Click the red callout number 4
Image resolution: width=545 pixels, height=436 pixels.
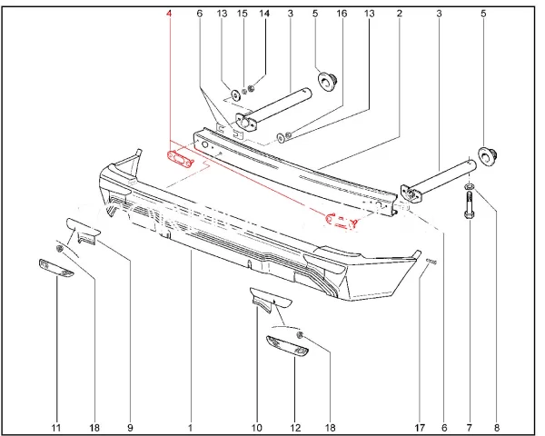click(x=169, y=14)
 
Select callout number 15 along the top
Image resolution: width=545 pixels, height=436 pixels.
click(x=243, y=14)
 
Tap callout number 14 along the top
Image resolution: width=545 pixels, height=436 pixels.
click(x=264, y=14)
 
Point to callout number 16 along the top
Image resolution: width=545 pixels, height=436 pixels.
click(x=342, y=14)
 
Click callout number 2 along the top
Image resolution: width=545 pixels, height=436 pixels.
click(x=400, y=14)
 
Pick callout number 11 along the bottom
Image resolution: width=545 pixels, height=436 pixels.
click(x=56, y=427)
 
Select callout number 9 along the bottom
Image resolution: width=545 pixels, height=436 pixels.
click(x=130, y=427)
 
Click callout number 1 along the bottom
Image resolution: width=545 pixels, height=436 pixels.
click(x=190, y=427)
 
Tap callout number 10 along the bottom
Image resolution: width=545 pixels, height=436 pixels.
click(x=256, y=427)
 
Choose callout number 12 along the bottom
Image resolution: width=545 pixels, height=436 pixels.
click(x=295, y=427)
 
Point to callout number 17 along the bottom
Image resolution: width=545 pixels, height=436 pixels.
click(x=420, y=427)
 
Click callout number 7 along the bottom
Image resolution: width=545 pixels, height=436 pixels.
click(x=470, y=427)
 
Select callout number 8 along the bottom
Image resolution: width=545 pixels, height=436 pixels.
click(x=496, y=427)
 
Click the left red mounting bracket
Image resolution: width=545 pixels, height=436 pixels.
click(x=181, y=158)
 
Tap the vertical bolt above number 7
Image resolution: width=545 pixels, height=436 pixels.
click(x=469, y=204)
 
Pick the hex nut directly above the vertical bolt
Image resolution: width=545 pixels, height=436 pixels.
click(x=469, y=187)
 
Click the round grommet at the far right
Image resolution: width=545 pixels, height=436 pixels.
click(x=488, y=155)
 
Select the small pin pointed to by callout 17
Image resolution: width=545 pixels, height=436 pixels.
click(x=431, y=262)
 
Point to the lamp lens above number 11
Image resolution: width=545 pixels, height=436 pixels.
click(x=56, y=268)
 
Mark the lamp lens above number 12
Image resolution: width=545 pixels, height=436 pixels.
click(x=287, y=346)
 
